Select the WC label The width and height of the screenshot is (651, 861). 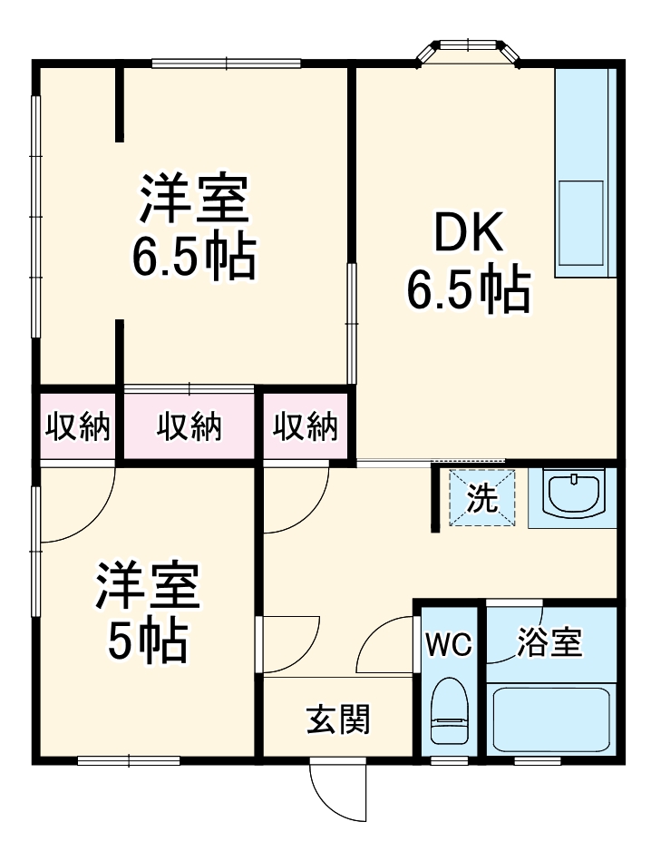coord(450,645)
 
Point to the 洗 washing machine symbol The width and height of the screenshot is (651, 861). coord(482,498)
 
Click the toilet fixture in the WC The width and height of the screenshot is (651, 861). coord(449,713)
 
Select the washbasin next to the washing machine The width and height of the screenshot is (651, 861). coord(573,495)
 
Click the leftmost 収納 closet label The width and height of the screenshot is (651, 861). coord(77,426)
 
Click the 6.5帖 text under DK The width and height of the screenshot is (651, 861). coord(466,289)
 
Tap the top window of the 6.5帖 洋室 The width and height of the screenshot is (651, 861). coord(226,63)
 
